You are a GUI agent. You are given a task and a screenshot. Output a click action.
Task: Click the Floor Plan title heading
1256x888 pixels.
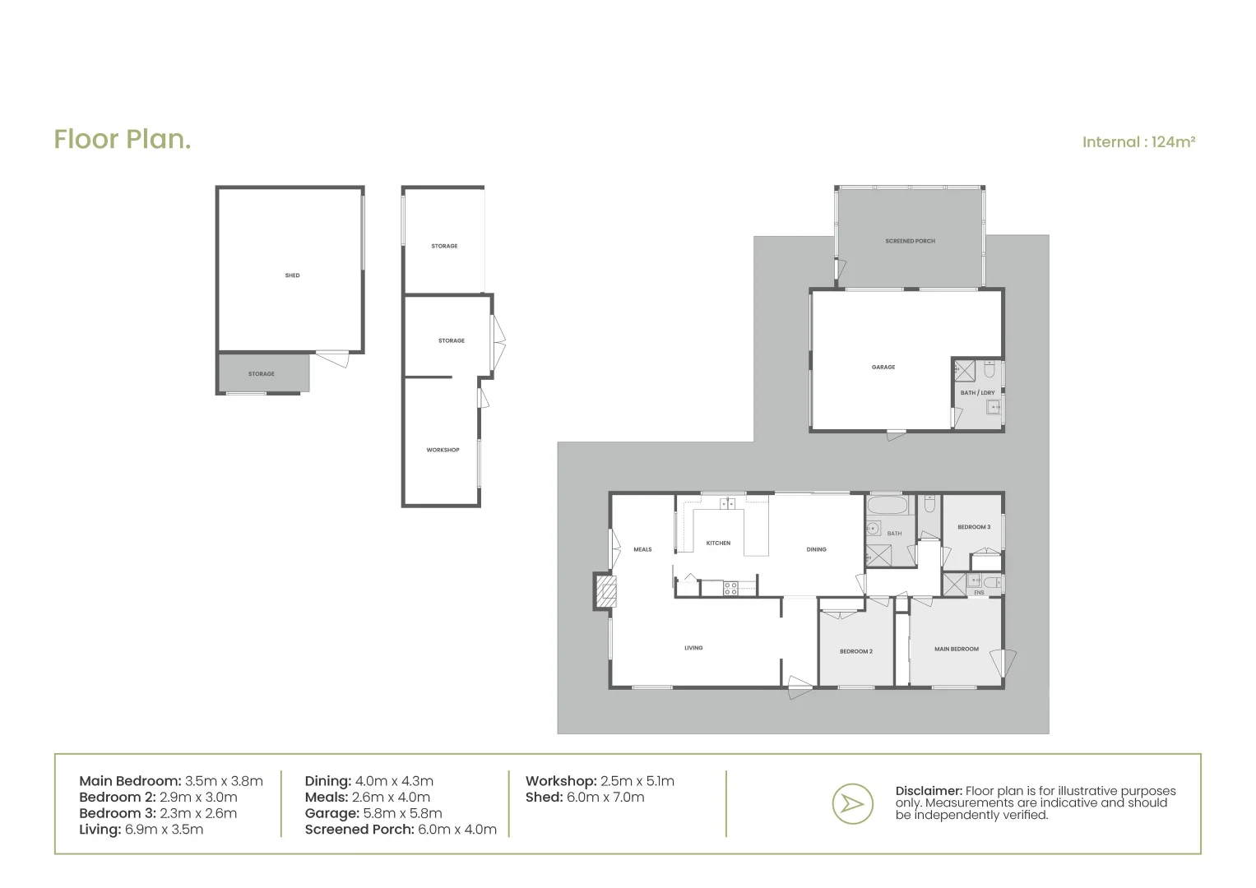pyautogui.click(x=123, y=140)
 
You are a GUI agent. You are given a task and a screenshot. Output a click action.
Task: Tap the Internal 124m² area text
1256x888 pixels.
pyautogui.click(x=1138, y=142)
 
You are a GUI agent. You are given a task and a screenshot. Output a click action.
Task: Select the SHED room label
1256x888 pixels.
pyautogui.click(x=292, y=275)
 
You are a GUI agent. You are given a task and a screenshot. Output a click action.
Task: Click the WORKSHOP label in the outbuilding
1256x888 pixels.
pyautogui.click(x=443, y=450)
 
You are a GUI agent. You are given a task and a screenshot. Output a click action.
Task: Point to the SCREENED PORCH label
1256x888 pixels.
pyautogui.click(x=910, y=241)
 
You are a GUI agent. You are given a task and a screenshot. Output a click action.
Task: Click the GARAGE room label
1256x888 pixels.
pyautogui.click(x=883, y=367)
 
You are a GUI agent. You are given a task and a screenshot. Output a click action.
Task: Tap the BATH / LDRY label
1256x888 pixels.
pyautogui.click(x=977, y=392)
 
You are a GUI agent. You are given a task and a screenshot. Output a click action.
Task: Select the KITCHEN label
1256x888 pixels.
pyautogui.click(x=718, y=543)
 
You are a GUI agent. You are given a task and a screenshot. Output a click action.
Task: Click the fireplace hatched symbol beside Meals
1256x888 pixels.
pyautogui.click(x=606, y=591)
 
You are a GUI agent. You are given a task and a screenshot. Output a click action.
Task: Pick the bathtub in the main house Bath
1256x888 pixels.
pyautogui.click(x=888, y=505)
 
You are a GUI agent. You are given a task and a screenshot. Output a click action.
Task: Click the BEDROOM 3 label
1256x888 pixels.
pyautogui.click(x=973, y=527)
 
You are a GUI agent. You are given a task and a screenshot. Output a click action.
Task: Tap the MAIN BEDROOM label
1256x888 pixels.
pyautogui.click(x=956, y=649)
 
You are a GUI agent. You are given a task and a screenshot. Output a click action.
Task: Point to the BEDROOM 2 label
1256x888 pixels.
pyautogui.click(x=855, y=651)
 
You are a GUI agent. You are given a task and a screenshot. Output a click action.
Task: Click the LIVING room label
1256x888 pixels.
pyautogui.click(x=693, y=648)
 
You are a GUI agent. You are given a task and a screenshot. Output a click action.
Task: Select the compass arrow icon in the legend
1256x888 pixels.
pyautogui.click(x=851, y=803)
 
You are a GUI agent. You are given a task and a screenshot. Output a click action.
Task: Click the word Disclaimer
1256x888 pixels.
pyautogui.click(x=928, y=791)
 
